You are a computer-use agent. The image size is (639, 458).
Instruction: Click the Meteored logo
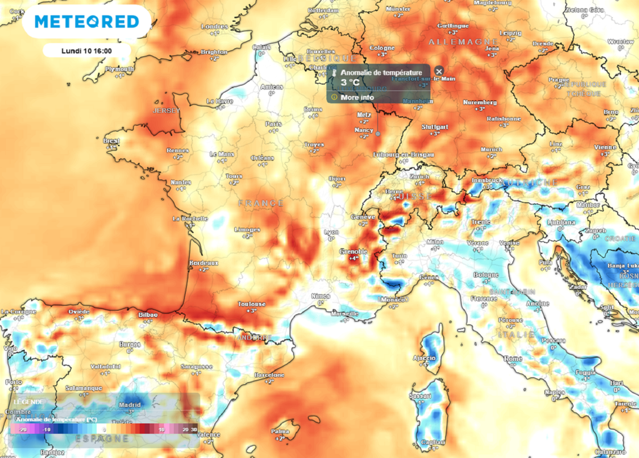click(86, 22)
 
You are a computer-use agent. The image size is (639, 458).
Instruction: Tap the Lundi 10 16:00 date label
click(86, 50)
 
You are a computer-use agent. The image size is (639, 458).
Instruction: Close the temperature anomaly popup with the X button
click(439, 72)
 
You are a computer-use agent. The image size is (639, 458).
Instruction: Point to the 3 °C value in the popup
click(349, 83)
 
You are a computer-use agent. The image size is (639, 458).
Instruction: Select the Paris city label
click(273, 124)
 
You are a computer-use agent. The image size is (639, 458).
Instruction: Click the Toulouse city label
click(252, 304)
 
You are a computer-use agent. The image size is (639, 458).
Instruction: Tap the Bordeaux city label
click(203, 264)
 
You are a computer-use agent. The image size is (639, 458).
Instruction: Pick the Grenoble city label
click(353, 252)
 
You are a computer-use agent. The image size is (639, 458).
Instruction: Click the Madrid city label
click(130, 404)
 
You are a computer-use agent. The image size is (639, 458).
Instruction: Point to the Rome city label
click(513, 358)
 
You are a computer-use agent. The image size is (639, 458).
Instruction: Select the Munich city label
click(492, 150)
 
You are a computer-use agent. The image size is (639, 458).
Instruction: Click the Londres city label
click(214, 26)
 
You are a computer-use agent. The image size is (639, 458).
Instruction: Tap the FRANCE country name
click(260, 203)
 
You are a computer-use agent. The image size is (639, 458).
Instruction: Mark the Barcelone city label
click(270, 375)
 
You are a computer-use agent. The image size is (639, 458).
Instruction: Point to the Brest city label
click(111, 141)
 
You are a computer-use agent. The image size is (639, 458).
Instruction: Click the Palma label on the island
click(278, 431)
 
